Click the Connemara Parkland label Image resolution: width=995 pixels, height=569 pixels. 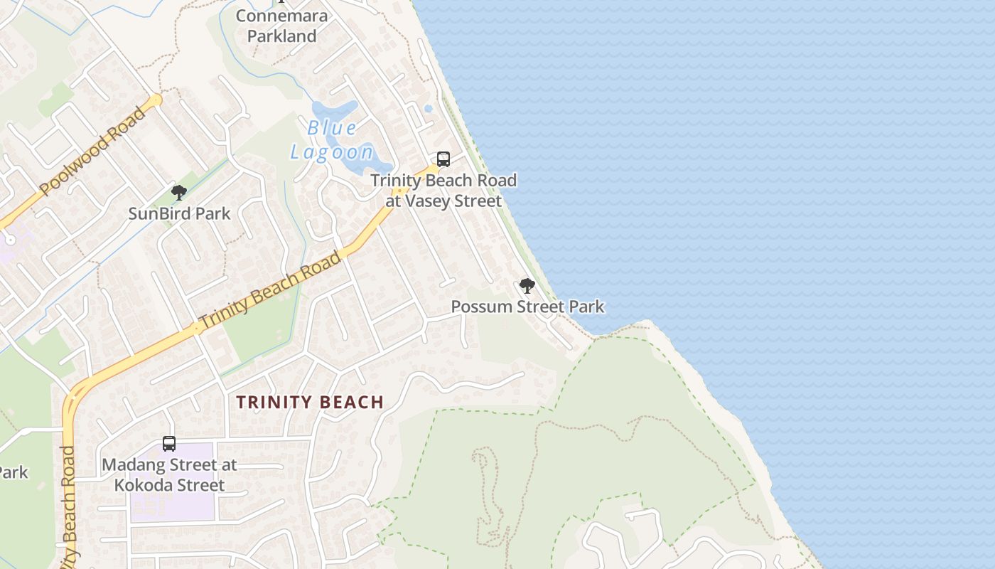click(x=282, y=26)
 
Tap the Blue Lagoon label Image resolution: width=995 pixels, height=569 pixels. click(x=332, y=140)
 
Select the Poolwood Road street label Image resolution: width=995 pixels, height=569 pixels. click(x=93, y=151)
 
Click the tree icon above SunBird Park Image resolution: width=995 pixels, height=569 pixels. click(x=179, y=193)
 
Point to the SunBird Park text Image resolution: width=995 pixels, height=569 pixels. click(x=179, y=213)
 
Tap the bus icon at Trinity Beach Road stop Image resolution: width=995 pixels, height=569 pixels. click(x=443, y=159)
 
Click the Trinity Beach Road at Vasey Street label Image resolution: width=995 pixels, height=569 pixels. click(x=443, y=191)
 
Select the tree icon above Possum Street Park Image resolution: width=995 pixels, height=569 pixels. click(x=527, y=286)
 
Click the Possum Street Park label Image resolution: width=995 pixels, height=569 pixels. click(x=527, y=307)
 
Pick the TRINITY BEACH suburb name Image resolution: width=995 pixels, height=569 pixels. click(x=310, y=403)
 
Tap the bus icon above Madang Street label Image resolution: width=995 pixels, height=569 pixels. click(x=169, y=444)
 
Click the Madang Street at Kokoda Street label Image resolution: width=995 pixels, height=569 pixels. click(x=169, y=475)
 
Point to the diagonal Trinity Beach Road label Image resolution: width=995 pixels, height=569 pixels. click(x=271, y=290)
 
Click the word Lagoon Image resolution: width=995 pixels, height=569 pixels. click(x=332, y=151)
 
